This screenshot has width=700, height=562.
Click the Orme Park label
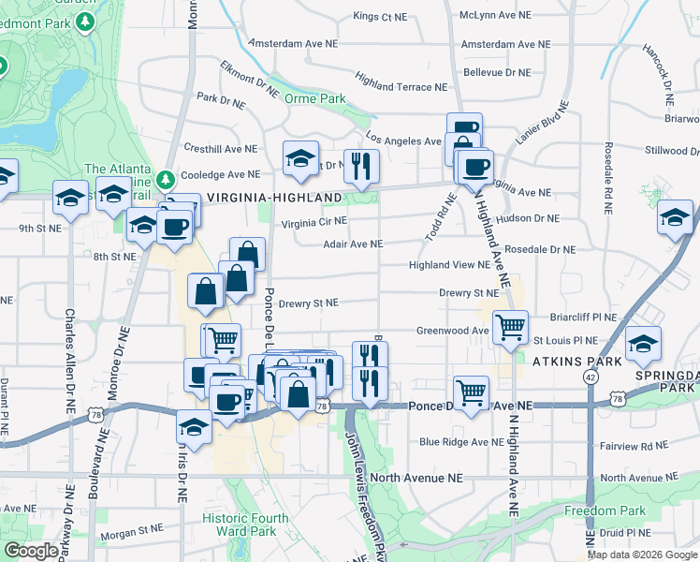click(x=316, y=98)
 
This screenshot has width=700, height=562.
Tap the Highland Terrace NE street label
click(x=401, y=86)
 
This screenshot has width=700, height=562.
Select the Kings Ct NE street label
click(x=380, y=16)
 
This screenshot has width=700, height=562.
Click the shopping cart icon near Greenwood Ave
click(x=510, y=327)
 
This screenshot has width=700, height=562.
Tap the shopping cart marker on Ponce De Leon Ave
click(x=471, y=392)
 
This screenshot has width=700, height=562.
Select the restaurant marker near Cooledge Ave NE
click(x=361, y=167)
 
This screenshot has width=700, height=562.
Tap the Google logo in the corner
click(x=31, y=551)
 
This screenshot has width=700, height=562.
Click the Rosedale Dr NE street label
click(x=540, y=250)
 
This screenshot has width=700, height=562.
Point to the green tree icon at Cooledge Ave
click(x=166, y=178)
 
